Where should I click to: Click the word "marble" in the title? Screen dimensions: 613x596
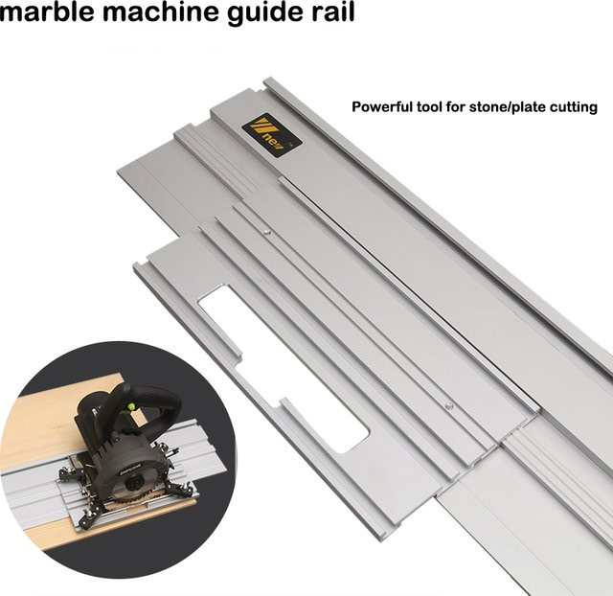pyautogui.click(x=47, y=11)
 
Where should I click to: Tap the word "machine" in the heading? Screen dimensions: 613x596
pyautogui.click(x=161, y=11)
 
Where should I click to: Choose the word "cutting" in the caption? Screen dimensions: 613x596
pyautogui.click(x=574, y=107)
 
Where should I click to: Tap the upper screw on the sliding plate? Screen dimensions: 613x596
pyautogui.click(x=266, y=232)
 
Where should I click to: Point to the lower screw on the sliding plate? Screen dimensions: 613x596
pyautogui.click(x=449, y=406)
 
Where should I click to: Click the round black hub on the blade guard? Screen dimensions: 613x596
pyautogui.click(x=134, y=484)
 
